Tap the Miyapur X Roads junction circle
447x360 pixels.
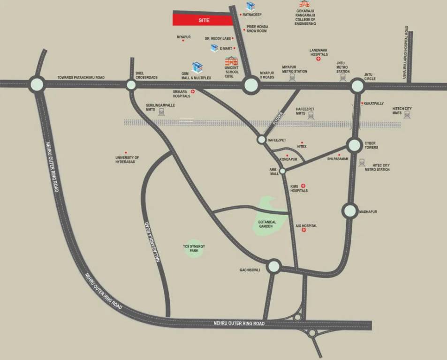[x=251, y=85]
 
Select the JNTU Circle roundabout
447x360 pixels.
[x=357, y=86]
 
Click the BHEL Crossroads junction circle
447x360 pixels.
[x=131, y=85]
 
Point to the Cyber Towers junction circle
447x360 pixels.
[x=354, y=145]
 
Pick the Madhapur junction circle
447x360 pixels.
[x=350, y=210]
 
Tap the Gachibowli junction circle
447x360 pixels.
[x=274, y=267]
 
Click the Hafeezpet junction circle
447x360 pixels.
[x=261, y=140]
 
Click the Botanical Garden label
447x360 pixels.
[x=267, y=224]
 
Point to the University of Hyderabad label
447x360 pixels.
[x=127, y=159]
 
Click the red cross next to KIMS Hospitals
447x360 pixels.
[x=303, y=186]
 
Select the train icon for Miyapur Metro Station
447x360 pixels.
[x=292, y=78]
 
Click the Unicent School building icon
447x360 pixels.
[x=231, y=61]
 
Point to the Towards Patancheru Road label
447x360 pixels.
[x=81, y=77]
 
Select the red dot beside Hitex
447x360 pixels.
[x=302, y=142]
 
